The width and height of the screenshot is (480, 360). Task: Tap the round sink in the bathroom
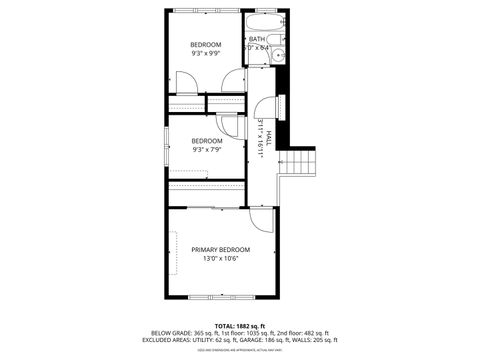(x=279, y=54)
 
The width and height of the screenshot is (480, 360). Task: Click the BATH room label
(x=257, y=39)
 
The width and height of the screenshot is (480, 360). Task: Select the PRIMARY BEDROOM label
(x=221, y=249)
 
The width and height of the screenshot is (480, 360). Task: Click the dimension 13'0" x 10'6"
(x=221, y=258)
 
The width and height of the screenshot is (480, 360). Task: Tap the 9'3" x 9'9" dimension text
(x=207, y=54)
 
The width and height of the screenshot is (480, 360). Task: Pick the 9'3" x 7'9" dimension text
(x=207, y=149)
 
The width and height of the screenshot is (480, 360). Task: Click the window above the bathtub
(x=265, y=11)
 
